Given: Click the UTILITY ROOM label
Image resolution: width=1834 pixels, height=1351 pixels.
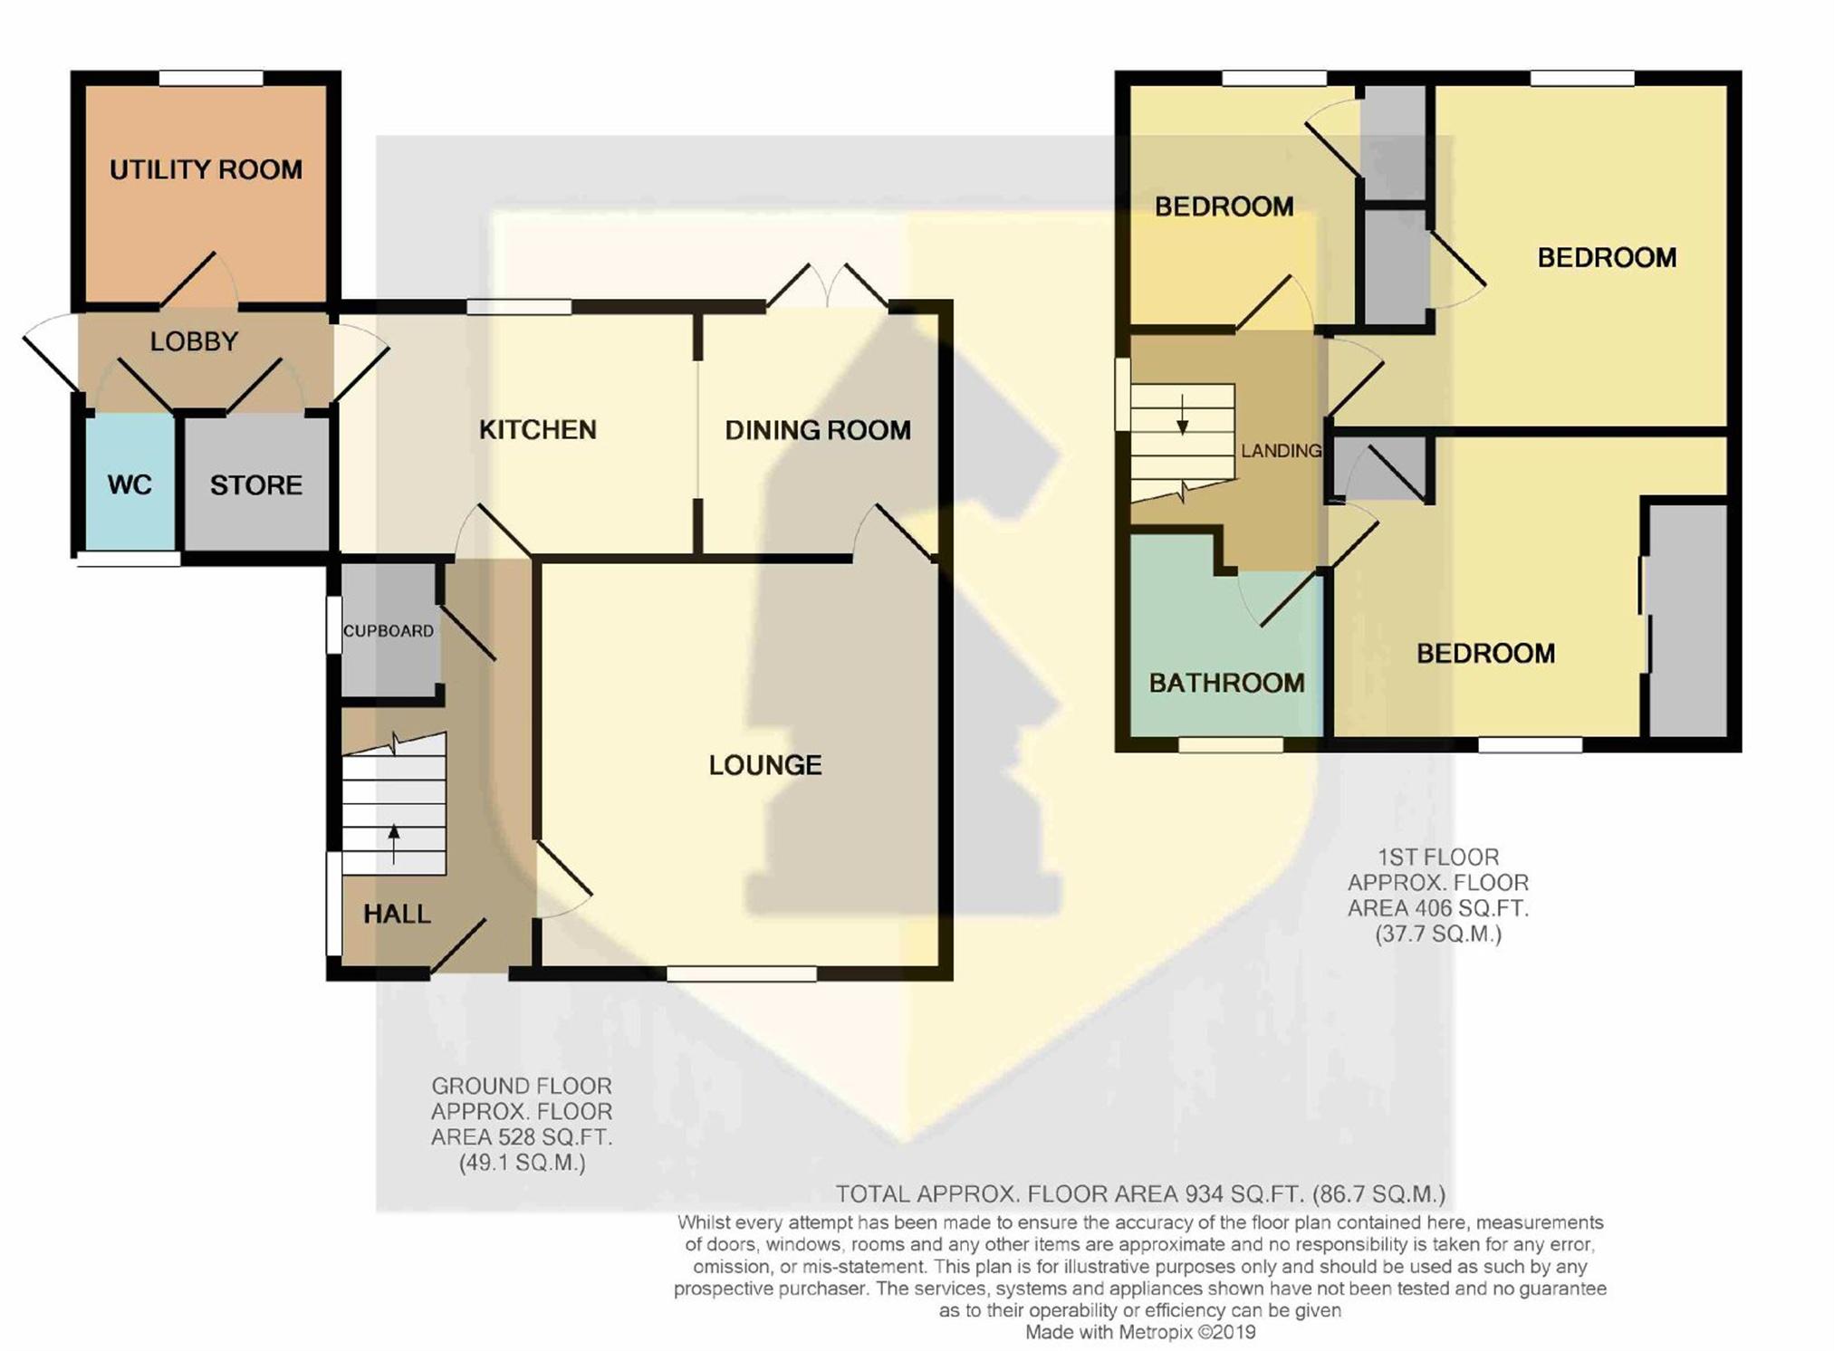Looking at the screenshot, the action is coord(206,169).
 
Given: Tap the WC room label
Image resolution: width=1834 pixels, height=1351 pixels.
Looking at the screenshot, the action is coord(130,485).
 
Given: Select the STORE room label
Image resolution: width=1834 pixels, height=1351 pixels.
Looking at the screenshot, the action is coord(256,485).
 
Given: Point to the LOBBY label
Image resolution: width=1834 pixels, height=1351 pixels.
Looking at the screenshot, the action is coord(194,341).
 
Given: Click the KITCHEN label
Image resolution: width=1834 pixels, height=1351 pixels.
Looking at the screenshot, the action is coord(538,429).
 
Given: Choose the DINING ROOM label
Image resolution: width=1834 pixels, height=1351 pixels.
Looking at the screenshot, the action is coord(818,430).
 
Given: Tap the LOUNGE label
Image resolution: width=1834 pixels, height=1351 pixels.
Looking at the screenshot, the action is coord(765,765).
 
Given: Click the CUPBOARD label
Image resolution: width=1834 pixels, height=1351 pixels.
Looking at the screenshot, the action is coord(388,631).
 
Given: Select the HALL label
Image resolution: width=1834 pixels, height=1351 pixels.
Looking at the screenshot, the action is coord(397,914).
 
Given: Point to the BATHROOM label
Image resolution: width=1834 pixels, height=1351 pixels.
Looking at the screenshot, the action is coord(1227,683).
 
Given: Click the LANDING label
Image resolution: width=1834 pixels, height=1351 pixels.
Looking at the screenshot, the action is coord(1281,450).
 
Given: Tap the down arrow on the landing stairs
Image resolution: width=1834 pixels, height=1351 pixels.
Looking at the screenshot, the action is coord(1182,415).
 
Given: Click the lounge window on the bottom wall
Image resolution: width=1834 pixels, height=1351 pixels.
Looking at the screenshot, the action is coord(742,973).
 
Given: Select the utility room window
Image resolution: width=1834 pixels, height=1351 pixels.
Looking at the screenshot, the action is coord(211,79).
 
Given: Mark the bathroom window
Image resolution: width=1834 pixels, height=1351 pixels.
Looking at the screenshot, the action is coord(1231,745).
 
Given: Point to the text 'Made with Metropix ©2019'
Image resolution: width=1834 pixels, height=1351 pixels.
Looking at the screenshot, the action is coord(1140,1332).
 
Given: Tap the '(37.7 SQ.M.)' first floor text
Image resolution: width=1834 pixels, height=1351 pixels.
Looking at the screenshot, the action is coord(1438,934).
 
